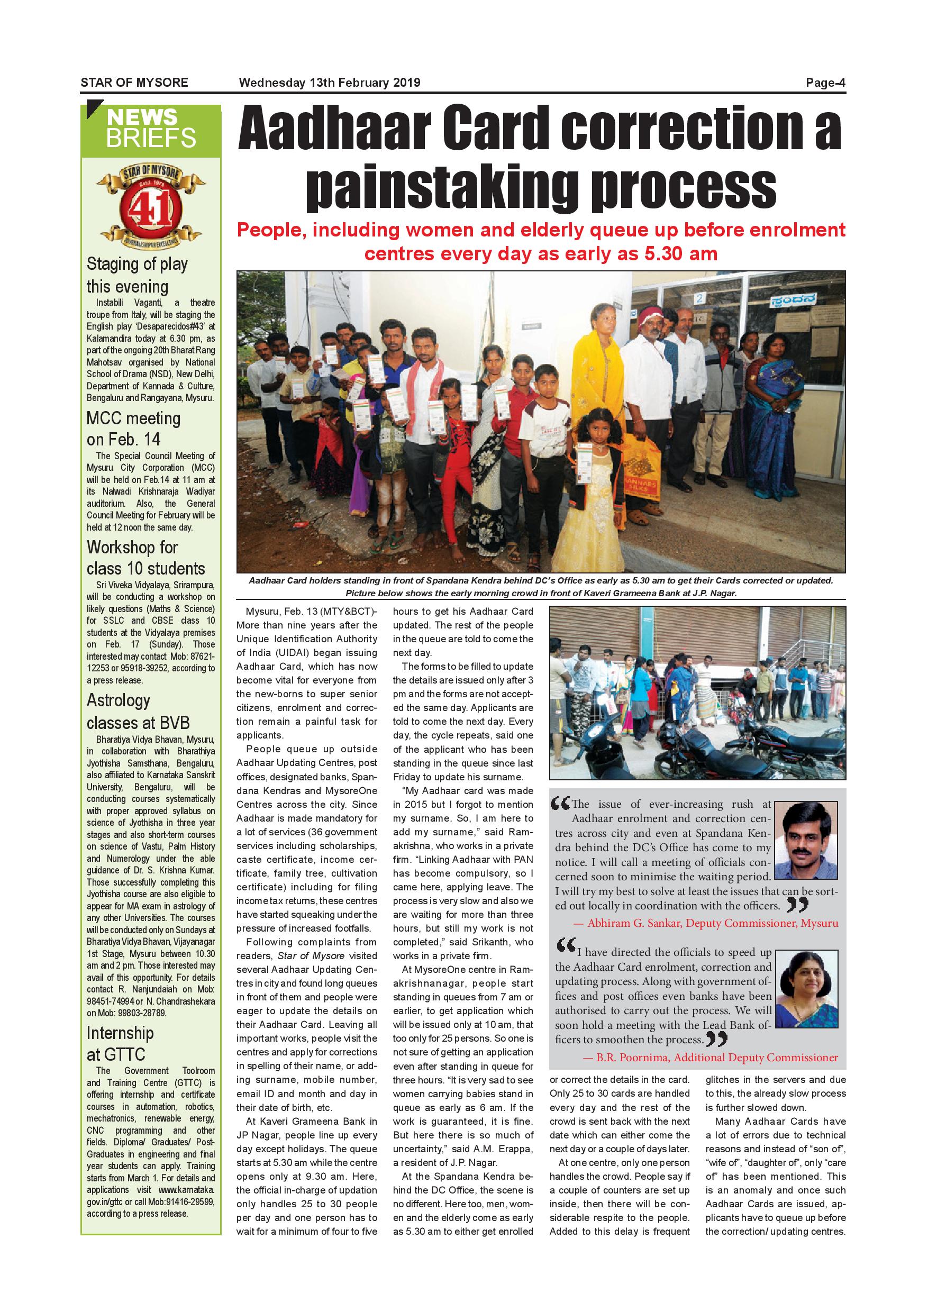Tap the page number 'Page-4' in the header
pyautogui.click(x=825, y=83)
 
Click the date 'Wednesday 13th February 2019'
pyautogui.click(x=330, y=83)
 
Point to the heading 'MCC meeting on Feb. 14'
pyautogui.click(x=133, y=429)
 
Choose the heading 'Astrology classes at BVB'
pyautogui.click(x=138, y=711)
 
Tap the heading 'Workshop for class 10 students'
pyautogui.click(x=145, y=558)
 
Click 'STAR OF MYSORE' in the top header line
pyautogui.click(x=134, y=83)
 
